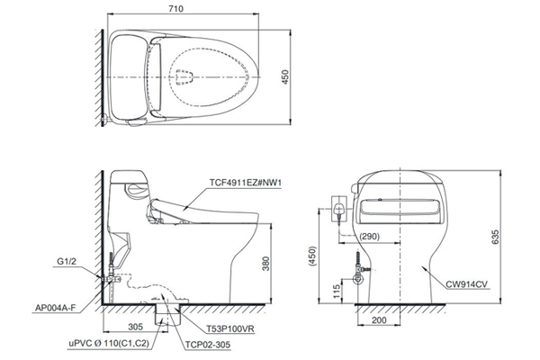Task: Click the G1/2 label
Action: pyautogui.click(x=66, y=263)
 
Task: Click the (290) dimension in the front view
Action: pyautogui.click(x=368, y=236)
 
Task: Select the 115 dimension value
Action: pyautogui.click(x=337, y=291)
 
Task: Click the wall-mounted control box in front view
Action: pyautogui.click(x=337, y=210)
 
